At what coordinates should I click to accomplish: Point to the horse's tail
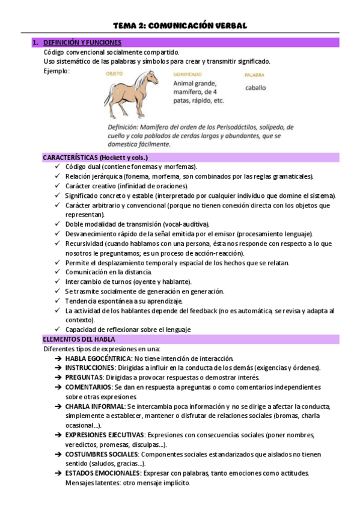(109, 91)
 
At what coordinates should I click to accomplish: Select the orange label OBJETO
(114, 73)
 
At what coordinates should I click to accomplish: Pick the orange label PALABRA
(254, 75)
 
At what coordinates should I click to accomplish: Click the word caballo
(255, 88)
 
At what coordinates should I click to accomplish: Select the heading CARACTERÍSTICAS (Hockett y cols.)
(95, 157)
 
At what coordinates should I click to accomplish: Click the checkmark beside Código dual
(57, 167)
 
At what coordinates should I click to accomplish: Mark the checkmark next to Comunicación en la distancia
(57, 272)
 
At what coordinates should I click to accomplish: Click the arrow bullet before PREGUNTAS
(58, 378)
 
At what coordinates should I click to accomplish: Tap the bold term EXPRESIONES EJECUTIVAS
(105, 434)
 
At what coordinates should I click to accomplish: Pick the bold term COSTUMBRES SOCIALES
(102, 454)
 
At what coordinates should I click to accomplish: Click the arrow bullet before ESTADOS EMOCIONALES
(58, 473)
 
